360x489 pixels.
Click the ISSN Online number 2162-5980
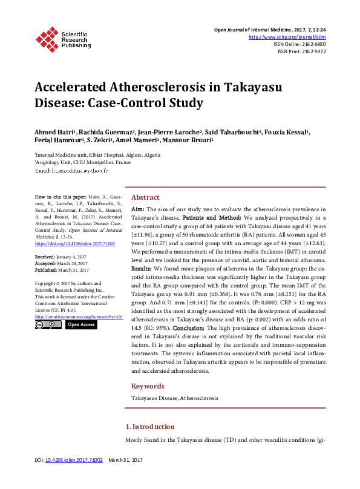pos(314,44)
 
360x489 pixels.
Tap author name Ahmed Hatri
pos(53,133)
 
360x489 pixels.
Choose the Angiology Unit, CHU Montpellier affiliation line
pos(82,163)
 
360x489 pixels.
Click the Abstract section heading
pos(145,197)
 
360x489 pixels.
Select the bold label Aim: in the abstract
pos(138,208)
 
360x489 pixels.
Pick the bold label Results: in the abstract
pos(142,267)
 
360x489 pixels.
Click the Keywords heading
pos(148,386)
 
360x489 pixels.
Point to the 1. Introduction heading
pos(154,427)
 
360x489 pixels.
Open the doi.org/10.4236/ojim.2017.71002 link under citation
pos(74,243)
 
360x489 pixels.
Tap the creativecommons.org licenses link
pos(79,317)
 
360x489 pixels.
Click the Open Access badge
pos(81,325)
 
